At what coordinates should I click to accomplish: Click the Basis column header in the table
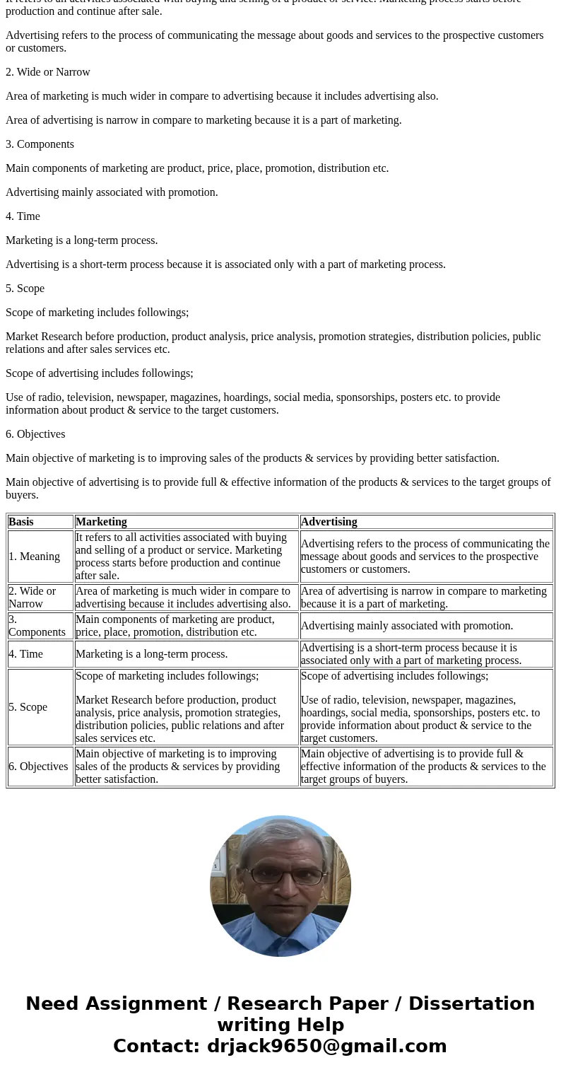coord(21,522)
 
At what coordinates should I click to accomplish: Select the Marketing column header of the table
coord(101,522)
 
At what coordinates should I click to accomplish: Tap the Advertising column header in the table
coord(329,522)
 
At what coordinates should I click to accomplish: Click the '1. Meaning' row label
coord(34,557)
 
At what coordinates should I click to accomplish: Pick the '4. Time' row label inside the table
coord(25,654)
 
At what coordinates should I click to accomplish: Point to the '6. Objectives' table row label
coord(38,767)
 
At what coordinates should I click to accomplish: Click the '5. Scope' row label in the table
coord(28,707)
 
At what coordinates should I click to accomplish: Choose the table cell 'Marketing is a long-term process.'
coord(151,654)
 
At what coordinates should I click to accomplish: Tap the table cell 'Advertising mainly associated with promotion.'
coord(407,626)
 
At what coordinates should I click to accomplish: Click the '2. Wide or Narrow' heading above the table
coord(48,72)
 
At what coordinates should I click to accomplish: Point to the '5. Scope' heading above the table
coord(25,289)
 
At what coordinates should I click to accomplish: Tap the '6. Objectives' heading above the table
coord(35,434)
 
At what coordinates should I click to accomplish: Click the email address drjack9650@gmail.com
coord(326,1047)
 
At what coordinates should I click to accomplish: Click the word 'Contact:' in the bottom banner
coord(157,1047)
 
